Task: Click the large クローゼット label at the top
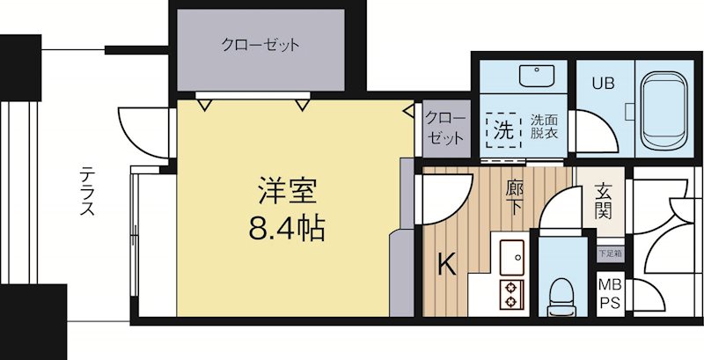coord(260,44)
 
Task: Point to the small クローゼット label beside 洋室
coord(446,129)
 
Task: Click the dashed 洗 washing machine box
coord(502,132)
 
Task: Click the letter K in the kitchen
coord(447,264)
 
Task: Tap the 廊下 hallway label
coord(516,195)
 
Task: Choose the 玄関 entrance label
coord(604,202)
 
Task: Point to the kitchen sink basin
coord(511,256)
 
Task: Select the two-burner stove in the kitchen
coord(511,294)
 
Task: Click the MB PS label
coord(609,294)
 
